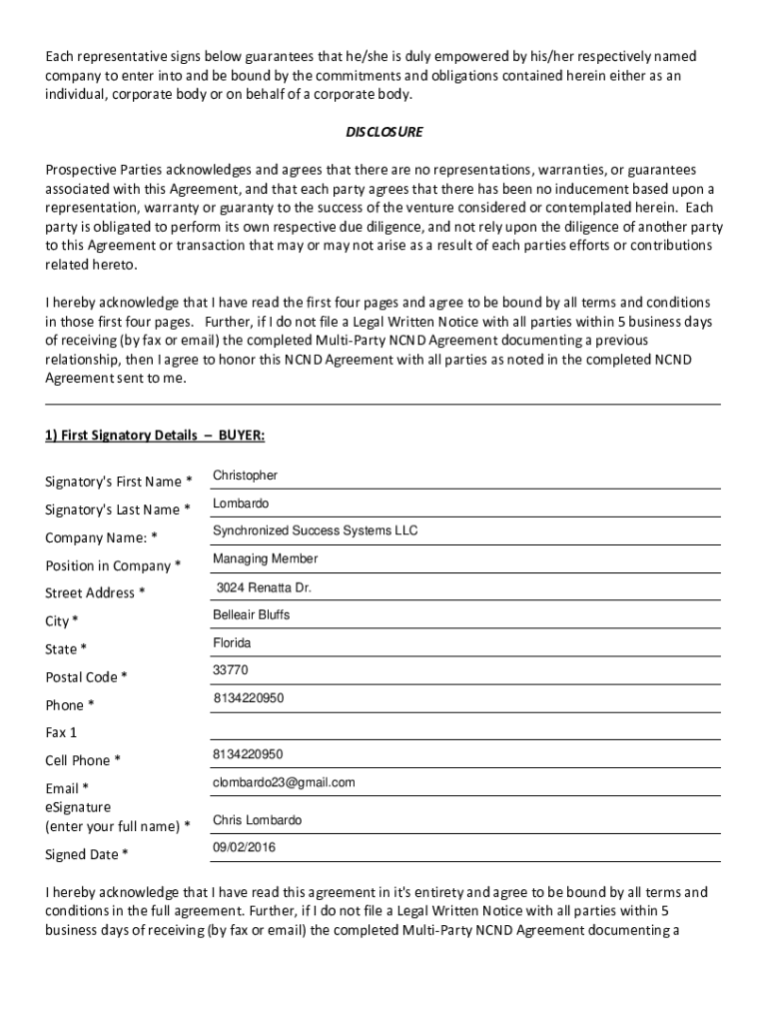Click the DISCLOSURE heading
(x=384, y=132)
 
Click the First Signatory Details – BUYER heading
(x=155, y=436)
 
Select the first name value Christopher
(x=246, y=476)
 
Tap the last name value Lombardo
(x=241, y=504)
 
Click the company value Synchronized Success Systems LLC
(x=315, y=530)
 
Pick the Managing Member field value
(x=266, y=558)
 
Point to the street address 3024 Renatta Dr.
(x=264, y=587)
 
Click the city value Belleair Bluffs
(x=251, y=615)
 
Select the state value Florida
(x=232, y=642)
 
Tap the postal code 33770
(x=231, y=669)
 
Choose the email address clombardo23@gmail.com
(x=284, y=782)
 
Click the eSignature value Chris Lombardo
(x=257, y=820)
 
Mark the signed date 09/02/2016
(x=244, y=847)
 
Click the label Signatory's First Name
(x=119, y=483)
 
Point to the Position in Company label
(x=113, y=565)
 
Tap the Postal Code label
(x=86, y=677)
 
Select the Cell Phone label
(x=83, y=760)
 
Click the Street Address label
(x=95, y=593)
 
